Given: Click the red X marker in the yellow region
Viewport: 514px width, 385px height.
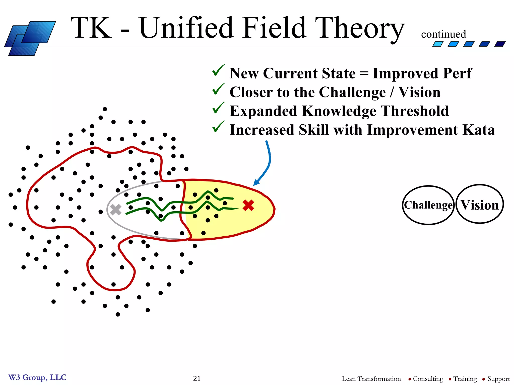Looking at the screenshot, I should click(x=248, y=205).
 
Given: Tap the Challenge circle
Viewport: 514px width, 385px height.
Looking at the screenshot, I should click(x=428, y=205).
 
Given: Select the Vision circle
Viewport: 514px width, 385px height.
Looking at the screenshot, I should click(x=480, y=204).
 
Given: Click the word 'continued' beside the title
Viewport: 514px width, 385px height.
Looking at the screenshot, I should click(x=443, y=34).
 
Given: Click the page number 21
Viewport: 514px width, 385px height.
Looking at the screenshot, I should click(x=197, y=378).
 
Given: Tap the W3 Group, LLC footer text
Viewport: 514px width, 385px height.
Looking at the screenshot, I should click(x=37, y=377).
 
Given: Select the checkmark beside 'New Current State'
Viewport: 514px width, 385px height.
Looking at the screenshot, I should click(x=218, y=71).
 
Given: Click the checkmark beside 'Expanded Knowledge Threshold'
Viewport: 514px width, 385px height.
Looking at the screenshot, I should click(x=218, y=108).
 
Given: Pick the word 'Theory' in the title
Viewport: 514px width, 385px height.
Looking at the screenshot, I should click(x=359, y=28).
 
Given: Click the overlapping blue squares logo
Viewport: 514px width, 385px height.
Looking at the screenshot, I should click(x=30, y=38).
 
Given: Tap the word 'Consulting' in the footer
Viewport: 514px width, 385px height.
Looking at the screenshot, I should click(x=428, y=379).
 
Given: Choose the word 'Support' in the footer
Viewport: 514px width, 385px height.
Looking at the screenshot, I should click(x=498, y=379).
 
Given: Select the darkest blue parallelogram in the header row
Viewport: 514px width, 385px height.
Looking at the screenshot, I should click(x=500, y=44).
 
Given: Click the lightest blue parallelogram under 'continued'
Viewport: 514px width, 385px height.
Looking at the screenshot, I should click(x=438, y=44).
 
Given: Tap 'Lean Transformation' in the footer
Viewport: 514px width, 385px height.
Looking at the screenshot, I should click(x=371, y=379).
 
